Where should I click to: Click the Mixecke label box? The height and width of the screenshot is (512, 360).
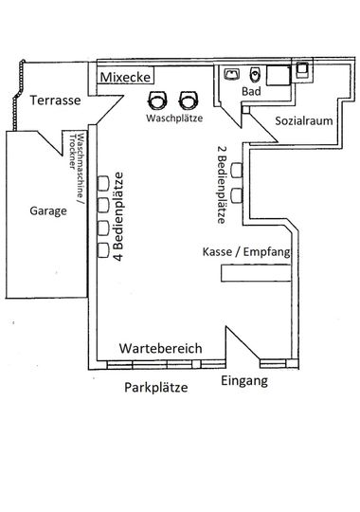125,77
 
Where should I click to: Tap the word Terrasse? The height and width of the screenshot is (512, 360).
55,100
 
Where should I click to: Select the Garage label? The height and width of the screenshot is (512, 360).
48,210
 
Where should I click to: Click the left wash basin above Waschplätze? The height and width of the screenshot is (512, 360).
157,101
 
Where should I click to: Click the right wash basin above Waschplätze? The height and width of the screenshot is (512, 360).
189,101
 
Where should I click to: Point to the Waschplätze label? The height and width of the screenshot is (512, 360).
174,118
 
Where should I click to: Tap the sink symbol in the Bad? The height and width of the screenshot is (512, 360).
232,74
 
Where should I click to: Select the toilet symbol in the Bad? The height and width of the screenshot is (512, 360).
255,75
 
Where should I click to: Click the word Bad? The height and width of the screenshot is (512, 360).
251,91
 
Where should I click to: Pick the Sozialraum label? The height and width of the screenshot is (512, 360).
304,120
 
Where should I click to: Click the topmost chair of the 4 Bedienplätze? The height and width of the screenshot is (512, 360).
103,183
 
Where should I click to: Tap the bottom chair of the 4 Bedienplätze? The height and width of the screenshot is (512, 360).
103,250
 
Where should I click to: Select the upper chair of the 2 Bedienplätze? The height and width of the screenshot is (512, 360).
237,170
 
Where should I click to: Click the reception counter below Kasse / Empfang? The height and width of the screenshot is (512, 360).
256,273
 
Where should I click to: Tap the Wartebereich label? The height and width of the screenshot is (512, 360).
161,348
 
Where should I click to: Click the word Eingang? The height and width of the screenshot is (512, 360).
244,381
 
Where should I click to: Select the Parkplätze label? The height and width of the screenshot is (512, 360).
156,388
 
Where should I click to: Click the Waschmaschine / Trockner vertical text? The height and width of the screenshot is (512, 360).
77,166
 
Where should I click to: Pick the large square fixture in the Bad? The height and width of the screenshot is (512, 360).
279,76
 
